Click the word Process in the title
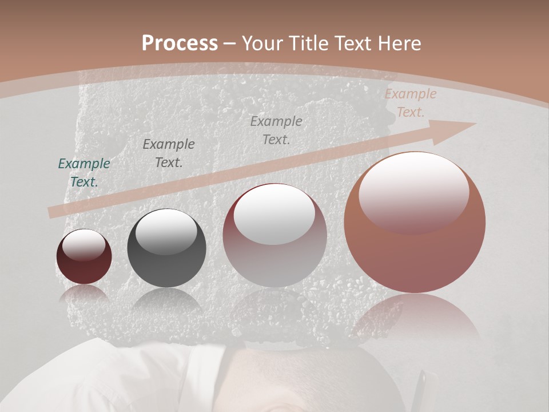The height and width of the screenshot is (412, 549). click(x=180, y=43)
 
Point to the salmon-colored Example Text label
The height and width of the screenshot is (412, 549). click(x=410, y=103)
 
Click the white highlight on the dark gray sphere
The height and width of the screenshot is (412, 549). click(x=166, y=230)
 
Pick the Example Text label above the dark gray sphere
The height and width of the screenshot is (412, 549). click(x=169, y=153)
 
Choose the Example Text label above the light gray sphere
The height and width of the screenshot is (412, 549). click(x=276, y=130)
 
